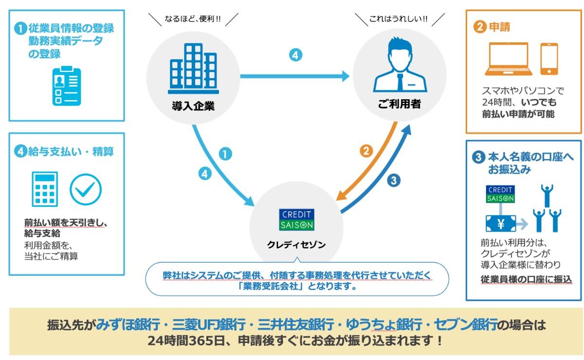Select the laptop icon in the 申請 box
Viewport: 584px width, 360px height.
pyautogui.click(x=509, y=59)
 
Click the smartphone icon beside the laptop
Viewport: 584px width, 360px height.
pyautogui.click(x=549, y=59)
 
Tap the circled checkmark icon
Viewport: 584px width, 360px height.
pyautogui.click(x=86, y=188)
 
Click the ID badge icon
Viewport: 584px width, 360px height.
pyautogui.click(x=67, y=86)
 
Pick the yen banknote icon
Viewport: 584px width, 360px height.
pyautogui.click(x=500, y=223)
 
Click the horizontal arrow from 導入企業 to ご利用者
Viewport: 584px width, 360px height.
pyautogui.click(x=294, y=76)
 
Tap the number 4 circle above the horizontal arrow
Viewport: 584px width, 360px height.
pyautogui.click(x=295, y=55)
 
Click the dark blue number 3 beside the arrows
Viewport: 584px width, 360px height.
pyautogui.click(x=394, y=180)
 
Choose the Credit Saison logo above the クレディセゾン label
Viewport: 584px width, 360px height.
pyautogui.click(x=297, y=219)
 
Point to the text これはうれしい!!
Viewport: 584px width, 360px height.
pyautogui.click(x=399, y=19)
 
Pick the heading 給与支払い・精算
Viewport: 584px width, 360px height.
pyautogui.click(x=71, y=152)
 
